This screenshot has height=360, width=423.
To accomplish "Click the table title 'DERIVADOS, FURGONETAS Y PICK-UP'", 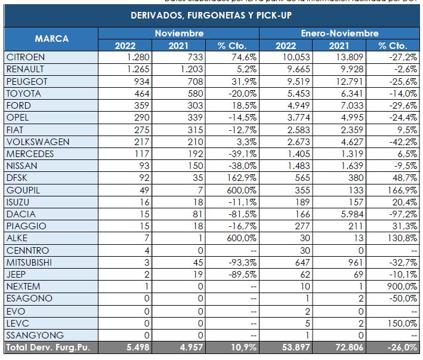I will [212, 15].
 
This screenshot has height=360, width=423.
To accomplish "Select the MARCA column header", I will [51, 39].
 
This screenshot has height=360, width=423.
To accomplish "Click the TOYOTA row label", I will [23, 93].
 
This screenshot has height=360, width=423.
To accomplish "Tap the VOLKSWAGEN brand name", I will [37, 141].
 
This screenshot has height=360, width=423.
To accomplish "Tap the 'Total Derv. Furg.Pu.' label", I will [48, 347].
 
